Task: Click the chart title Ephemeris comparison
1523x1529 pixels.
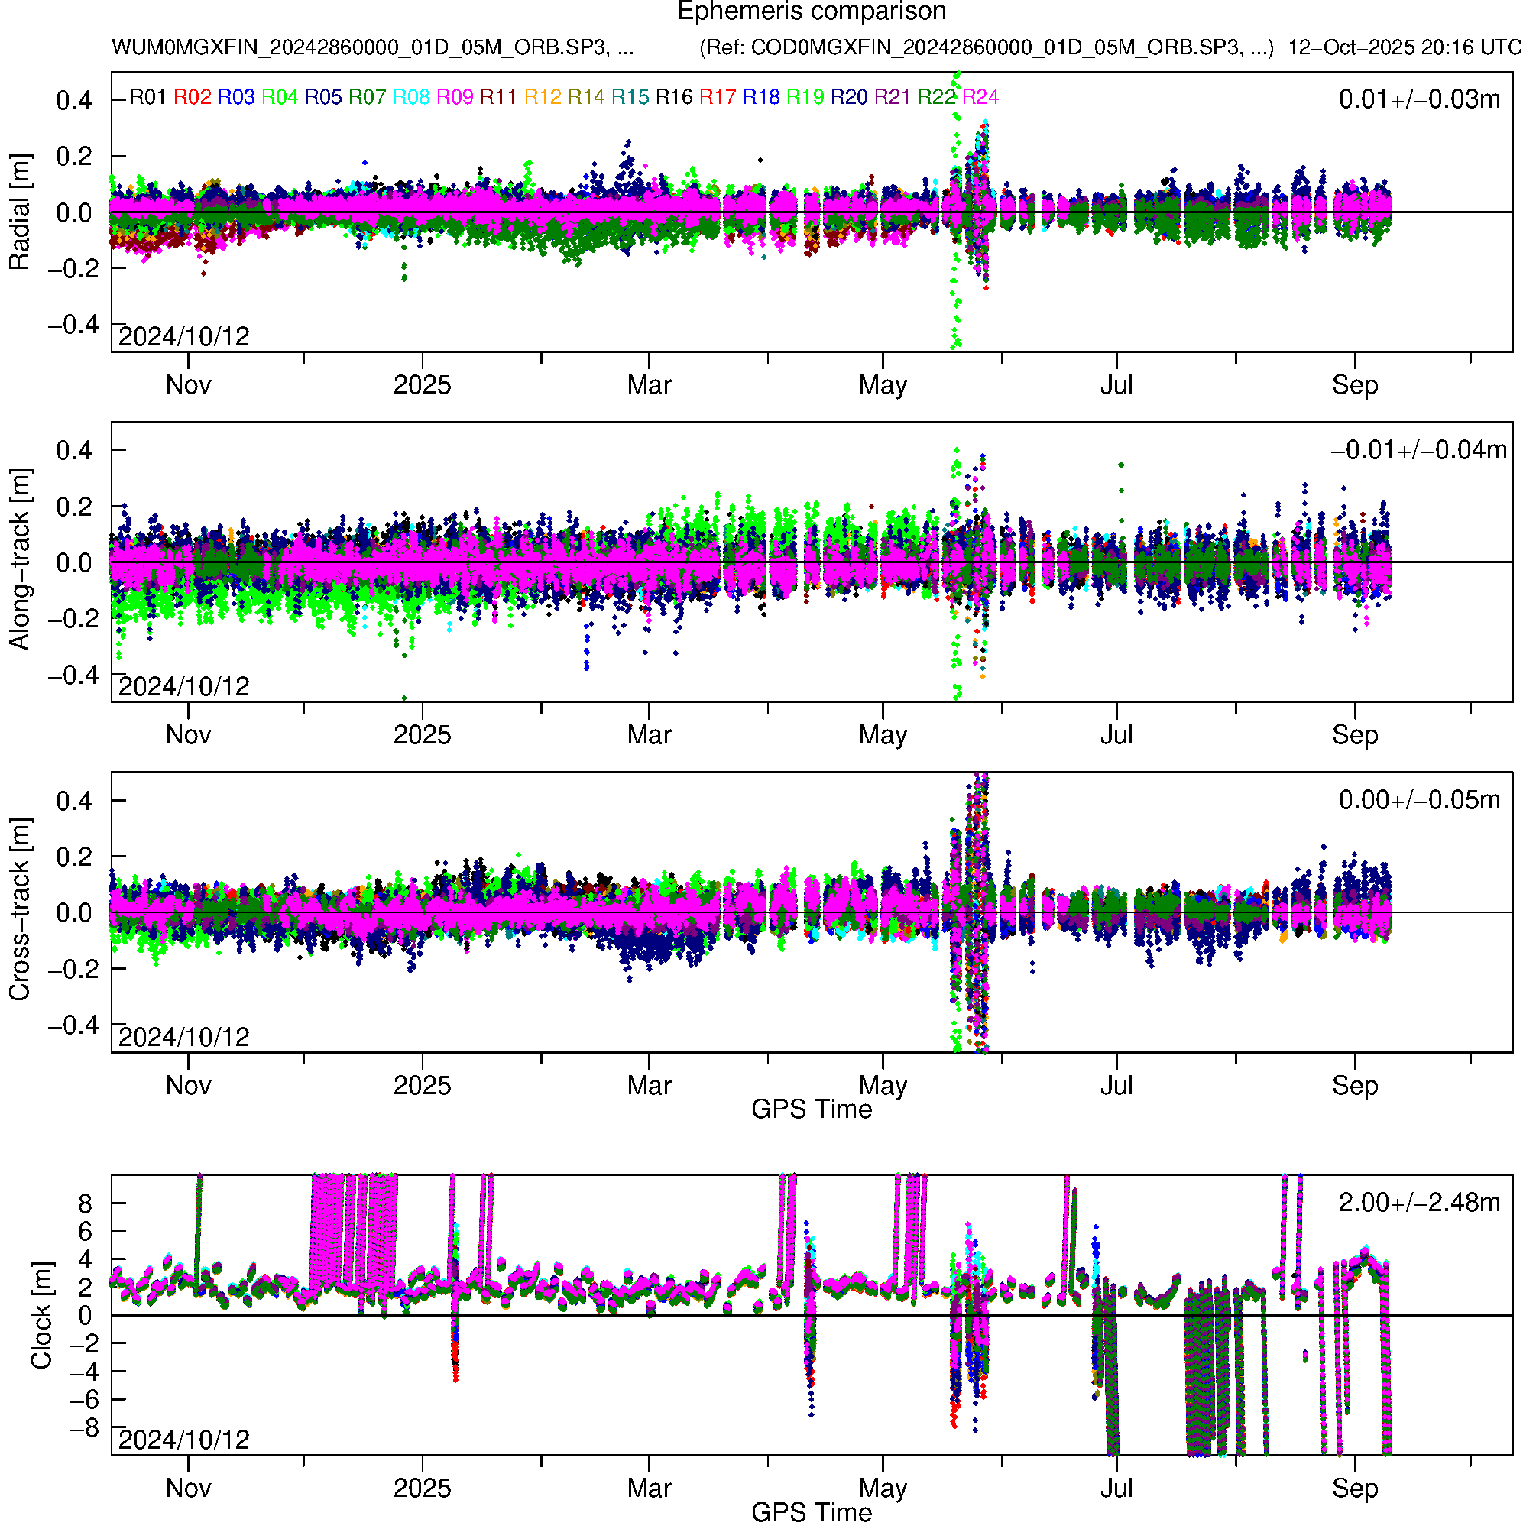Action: coord(812,12)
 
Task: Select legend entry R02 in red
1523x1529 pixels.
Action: coord(193,97)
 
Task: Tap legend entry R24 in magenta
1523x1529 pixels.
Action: coord(980,97)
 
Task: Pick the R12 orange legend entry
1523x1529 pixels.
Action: coord(543,97)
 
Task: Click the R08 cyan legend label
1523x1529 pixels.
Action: coord(412,97)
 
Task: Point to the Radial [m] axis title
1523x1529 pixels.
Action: coord(19,212)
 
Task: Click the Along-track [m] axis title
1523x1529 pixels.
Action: coord(19,560)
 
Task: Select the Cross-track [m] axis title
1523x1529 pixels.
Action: coord(19,910)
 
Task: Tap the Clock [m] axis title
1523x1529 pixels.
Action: coord(41,1314)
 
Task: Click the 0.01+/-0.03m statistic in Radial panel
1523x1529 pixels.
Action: coord(1418,99)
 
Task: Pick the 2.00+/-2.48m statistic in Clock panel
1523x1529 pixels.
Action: coord(1418,1203)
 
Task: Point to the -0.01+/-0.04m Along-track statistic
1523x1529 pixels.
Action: coord(1418,450)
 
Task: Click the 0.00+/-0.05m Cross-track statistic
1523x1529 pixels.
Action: coord(1418,800)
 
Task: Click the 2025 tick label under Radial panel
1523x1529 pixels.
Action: coord(422,385)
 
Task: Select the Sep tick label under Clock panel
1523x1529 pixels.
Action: coord(1354,1489)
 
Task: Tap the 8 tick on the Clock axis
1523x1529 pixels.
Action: coord(85,1204)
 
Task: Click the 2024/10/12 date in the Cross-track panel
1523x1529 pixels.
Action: coord(183,1037)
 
